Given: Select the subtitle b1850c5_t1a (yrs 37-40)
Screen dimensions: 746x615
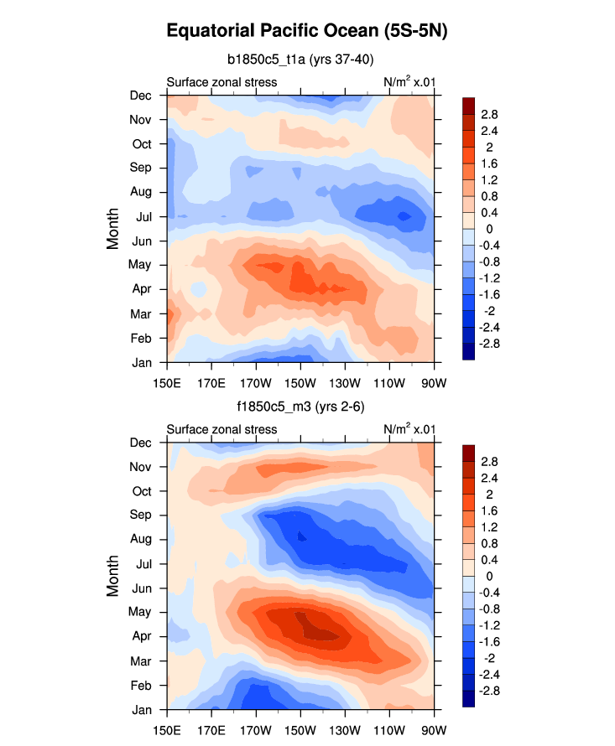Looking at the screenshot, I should click(x=300, y=59).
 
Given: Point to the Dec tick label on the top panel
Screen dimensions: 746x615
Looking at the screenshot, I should click(x=140, y=96).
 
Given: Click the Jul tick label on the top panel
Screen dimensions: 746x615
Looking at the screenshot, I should click(x=142, y=217).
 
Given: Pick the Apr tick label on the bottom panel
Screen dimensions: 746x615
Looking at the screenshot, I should click(x=141, y=636).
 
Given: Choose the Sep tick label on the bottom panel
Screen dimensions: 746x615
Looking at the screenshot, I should click(x=140, y=515).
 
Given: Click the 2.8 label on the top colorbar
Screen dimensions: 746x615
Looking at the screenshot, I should click(x=490, y=114).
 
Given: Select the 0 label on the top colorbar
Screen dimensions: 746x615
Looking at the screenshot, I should click(x=485, y=228).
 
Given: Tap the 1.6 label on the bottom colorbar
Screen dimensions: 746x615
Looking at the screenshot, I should click(x=490, y=510).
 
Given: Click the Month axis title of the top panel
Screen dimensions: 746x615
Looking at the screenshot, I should click(x=114, y=229).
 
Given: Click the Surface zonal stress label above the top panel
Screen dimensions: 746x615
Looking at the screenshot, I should click(x=222, y=82).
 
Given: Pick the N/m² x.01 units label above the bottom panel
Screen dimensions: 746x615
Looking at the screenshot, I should click(x=409, y=429).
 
